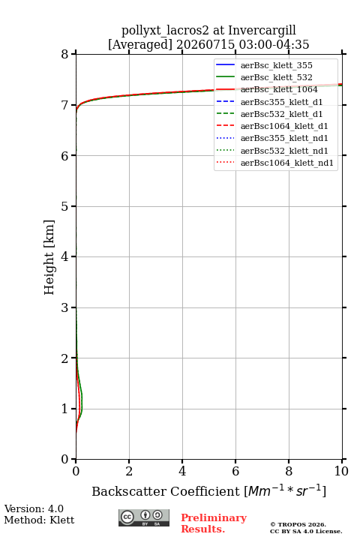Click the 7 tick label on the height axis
point(65,105)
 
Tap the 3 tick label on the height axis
point(65,307)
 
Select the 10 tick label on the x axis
point(341,471)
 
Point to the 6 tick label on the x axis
point(235,471)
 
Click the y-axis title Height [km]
point(49,257)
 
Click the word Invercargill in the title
point(262,31)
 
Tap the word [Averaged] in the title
point(140,44)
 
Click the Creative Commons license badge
point(144,517)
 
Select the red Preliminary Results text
point(214,523)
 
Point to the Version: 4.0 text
point(34,508)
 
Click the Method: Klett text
point(39,520)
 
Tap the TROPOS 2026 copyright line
point(298,524)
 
